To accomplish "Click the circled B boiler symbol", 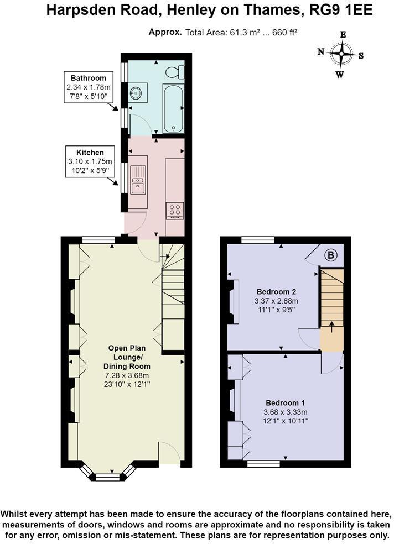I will (x=330, y=255).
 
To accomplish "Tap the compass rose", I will (x=343, y=54).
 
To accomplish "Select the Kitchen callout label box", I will (x=90, y=161).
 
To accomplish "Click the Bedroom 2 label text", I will (x=276, y=291).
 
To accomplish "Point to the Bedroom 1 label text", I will (x=285, y=402).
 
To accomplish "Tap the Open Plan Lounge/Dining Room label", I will (x=128, y=357).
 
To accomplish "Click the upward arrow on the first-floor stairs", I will (x=331, y=327).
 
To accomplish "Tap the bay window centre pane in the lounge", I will (x=108, y=477).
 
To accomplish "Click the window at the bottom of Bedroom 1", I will (x=263, y=463).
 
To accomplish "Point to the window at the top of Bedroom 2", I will (x=258, y=240).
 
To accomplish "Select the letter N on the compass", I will (x=321, y=53).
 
